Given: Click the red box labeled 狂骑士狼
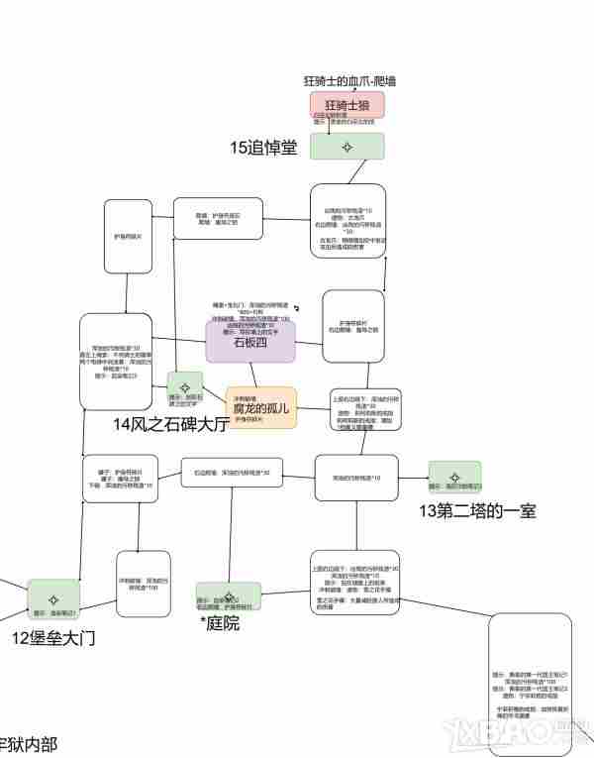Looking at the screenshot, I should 346,104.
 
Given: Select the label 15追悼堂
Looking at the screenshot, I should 263,148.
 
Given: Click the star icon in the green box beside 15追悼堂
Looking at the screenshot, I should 346,147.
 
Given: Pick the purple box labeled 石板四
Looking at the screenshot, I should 250,342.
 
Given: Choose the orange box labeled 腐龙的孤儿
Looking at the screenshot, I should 260,407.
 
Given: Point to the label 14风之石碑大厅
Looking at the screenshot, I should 171,424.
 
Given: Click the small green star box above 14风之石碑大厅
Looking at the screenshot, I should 184,385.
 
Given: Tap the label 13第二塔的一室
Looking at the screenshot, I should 477,511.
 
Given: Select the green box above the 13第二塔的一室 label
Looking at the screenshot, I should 454,478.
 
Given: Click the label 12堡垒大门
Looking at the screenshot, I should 53,638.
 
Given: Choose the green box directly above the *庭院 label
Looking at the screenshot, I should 229,596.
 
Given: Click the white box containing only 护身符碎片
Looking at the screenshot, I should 128,237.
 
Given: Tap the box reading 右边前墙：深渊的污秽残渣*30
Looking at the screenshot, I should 233,473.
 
